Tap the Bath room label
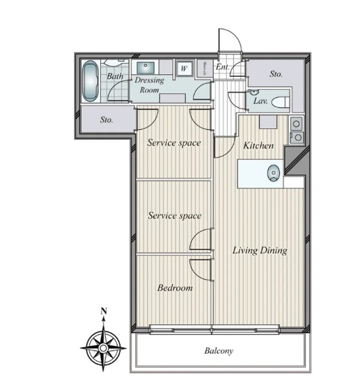coord(115,76)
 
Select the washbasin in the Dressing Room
coord(145,68)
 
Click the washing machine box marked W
coord(184,69)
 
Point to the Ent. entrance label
coord(222,67)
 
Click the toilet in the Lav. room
coord(279,102)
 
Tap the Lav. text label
coord(260,101)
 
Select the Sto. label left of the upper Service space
coord(106,120)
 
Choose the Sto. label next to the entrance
coord(276,73)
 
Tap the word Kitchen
coord(259,146)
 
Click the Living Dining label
coord(259,251)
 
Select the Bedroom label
coord(175,288)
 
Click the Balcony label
coord(219,351)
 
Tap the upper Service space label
coord(175,143)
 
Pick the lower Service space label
coord(175,216)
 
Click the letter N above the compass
coord(103,312)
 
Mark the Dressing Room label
coord(149,85)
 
